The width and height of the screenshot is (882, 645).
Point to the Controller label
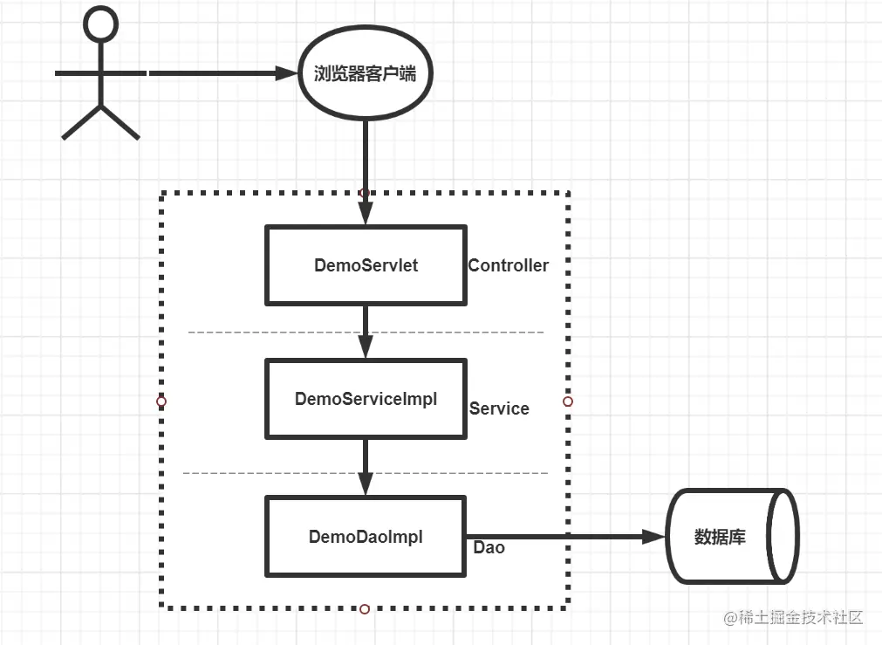508,265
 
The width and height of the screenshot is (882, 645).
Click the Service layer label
499,408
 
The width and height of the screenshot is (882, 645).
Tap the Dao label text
489,547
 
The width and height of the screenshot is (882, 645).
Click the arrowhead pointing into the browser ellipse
286,73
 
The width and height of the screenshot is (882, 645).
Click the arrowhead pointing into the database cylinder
654,537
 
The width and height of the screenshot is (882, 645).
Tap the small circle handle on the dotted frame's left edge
161,401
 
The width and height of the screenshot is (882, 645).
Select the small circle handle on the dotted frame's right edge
568,401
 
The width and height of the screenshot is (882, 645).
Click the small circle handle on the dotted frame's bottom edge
365,609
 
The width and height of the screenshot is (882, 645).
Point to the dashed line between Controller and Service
366,332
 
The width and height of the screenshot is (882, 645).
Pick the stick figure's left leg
81,122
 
